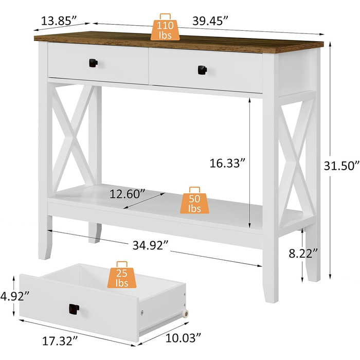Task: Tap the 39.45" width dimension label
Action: pyautogui.click(x=210, y=21)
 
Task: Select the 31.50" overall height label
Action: pyautogui.click(x=341, y=166)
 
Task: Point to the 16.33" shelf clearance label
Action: pyautogui.click(x=227, y=163)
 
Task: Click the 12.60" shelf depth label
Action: pyautogui.click(x=128, y=194)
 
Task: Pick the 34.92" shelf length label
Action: pyautogui.click(x=150, y=245)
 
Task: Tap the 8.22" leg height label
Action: pyautogui.click(x=303, y=254)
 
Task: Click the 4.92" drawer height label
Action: pyautogui.click(x=15, y=296)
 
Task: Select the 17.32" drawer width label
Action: pyautogui.click(x=60, y=341)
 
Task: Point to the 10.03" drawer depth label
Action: pyautogui.click(x=183, y=338)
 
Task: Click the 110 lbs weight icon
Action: pyautogui.click(x=165, y=27)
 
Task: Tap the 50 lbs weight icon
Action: pyautogui.click(x=194, y=200)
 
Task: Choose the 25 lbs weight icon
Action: pyautogui.click(x=122, y=275)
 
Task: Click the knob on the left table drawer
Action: pyautogui.click(x=93, y=63)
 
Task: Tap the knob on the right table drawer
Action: pyautogui.click(x=202, y=70)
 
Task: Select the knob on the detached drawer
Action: pyautogui.click(x=74, y=309)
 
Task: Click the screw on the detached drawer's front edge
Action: pyautogui.click(x=142, y=312)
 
